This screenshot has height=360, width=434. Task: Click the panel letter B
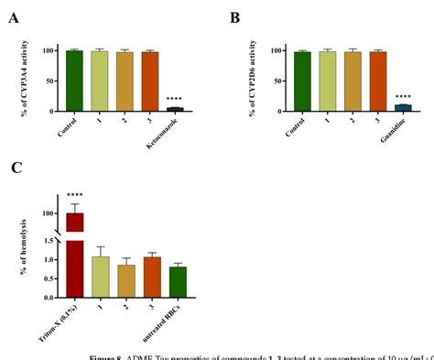click(x=234, y=18)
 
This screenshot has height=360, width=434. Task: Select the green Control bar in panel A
click(x=74, y=81)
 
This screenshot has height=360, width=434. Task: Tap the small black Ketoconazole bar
click(x=175, y=109)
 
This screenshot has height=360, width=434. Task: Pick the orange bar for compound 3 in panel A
click(x=149, y=82)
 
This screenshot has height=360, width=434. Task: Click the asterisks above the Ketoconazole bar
click(x=174, y=99)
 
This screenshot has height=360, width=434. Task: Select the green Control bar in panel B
click(x=301, y=82)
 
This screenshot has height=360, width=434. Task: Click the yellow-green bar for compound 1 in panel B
click(x=327, y=82)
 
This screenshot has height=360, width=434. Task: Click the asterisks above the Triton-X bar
click(x=74, y=195)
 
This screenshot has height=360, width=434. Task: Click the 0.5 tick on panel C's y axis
click(x=51, y=279)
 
